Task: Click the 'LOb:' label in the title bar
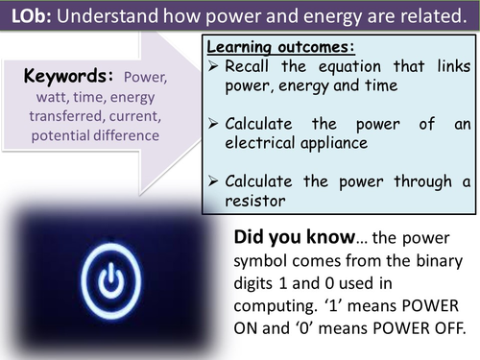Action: (31, 17)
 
